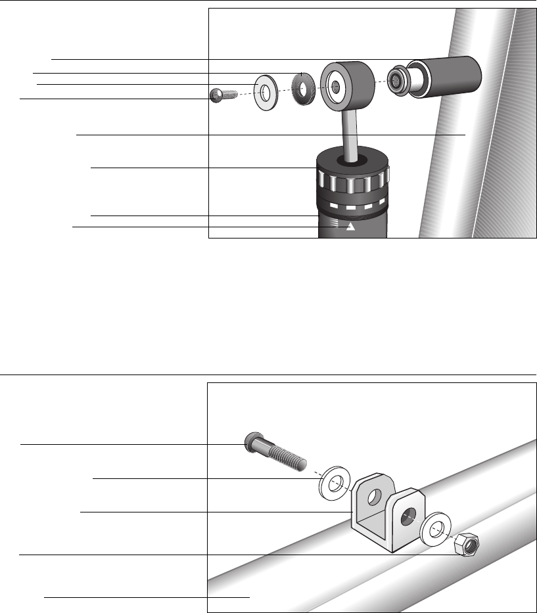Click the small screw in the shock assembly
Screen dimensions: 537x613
[x=218, y=96]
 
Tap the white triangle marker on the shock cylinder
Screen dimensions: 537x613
[x=350, y=227]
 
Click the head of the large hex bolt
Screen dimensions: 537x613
[x=250, y=442]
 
